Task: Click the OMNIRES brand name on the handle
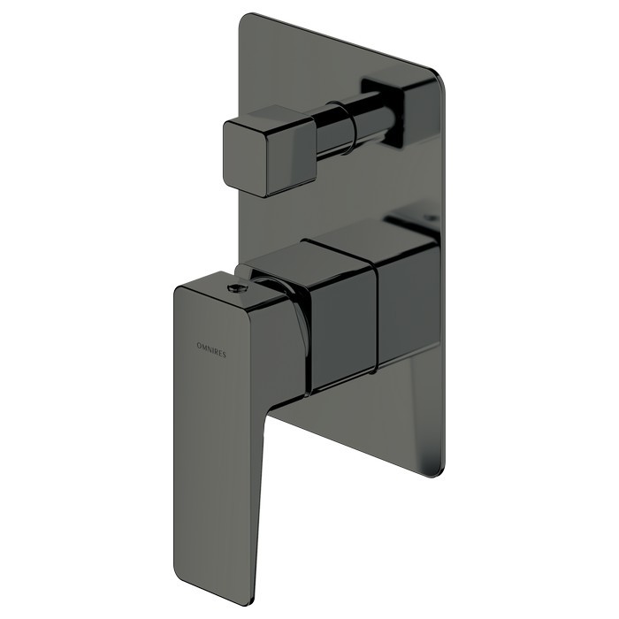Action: [x=211, y=350]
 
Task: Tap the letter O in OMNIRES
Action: [x=199, y=346]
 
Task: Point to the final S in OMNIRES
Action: [x=225, y=355]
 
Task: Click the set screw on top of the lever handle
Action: [x=236, y=288]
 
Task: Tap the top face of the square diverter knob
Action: [x=272, y=117]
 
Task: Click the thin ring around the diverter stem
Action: [x=348, y=127]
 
